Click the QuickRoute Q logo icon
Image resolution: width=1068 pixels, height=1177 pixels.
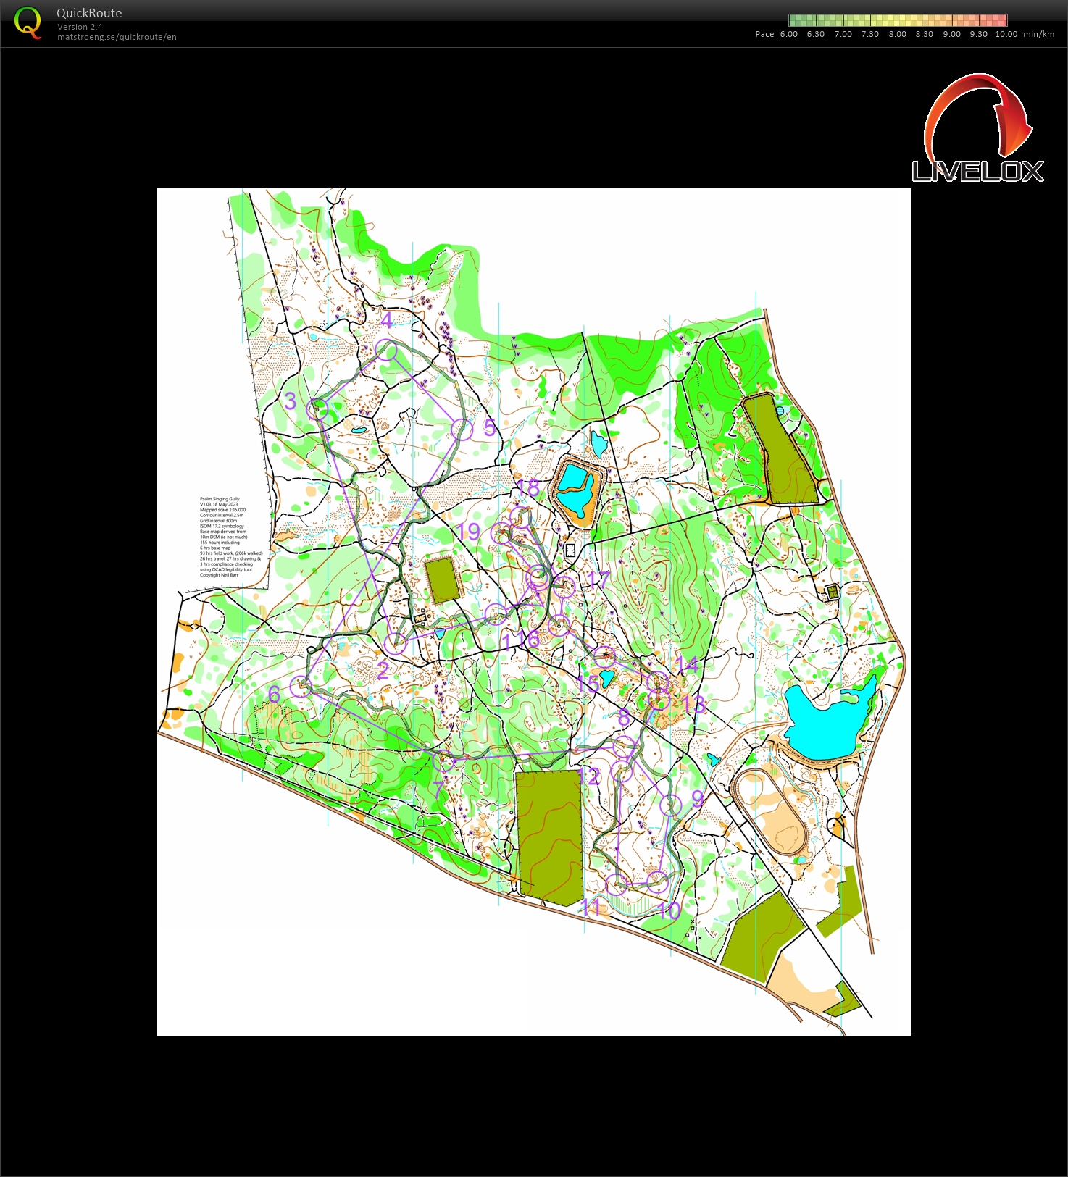[28, 22]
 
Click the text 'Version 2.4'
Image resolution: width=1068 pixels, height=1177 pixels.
[80, 27]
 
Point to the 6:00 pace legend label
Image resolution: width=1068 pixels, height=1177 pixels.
[788, 34]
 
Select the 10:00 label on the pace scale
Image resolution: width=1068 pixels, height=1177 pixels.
[1006, 34]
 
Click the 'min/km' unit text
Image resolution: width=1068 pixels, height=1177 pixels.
[1038, 34]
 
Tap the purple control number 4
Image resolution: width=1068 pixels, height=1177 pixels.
[386, 320]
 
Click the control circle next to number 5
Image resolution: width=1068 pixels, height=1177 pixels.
[462, 430]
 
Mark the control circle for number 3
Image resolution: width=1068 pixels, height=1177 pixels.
[317, 409]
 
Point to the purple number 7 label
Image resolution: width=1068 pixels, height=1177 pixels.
[438, 787]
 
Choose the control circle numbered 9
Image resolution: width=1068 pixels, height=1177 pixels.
[671, 805]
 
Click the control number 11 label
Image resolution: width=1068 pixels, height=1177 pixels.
[591, 908]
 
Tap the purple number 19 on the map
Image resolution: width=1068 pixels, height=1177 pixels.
[470, 532]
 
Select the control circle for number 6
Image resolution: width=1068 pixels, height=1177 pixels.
[300, 685]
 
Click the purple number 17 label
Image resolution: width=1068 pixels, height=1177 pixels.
[599, 579]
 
